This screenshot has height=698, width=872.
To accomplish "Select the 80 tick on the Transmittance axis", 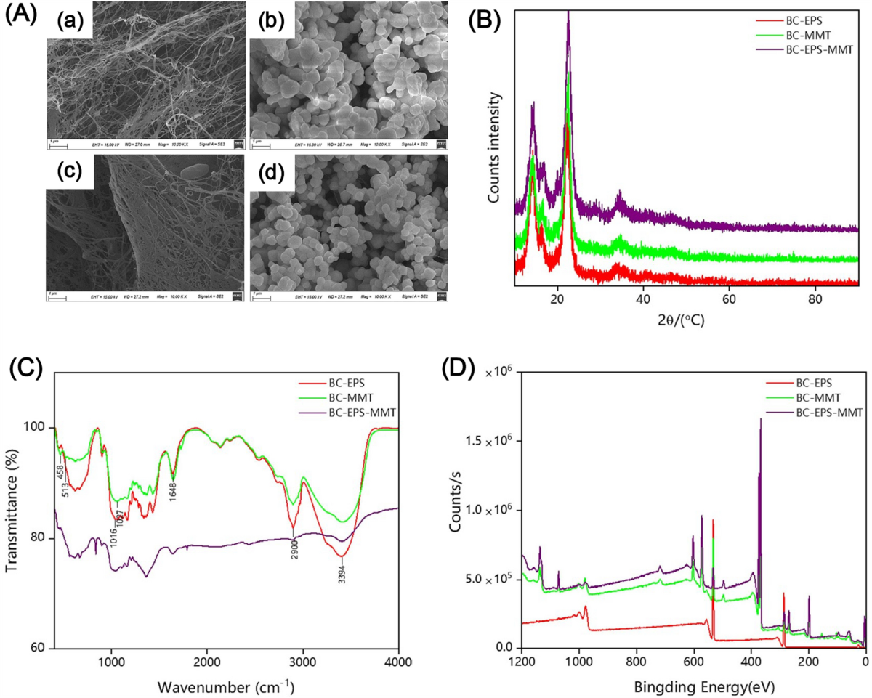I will pyautogui.click(x=39, y=538).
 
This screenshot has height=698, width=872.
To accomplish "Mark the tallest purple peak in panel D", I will pyautogui.click(x=761, y=420).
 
